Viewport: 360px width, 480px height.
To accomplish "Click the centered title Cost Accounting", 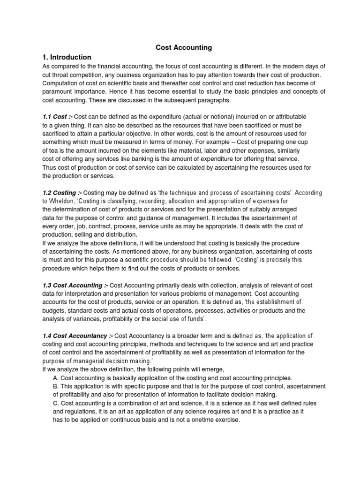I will (x=184, y=47).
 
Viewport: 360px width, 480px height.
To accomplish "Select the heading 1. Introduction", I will (x=67, y=57).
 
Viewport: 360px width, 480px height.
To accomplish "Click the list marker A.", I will (x=56, y=378).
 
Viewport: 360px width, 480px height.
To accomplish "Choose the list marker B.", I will (x=56, y=386).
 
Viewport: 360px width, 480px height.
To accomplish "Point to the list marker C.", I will (x=56, y=403).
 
